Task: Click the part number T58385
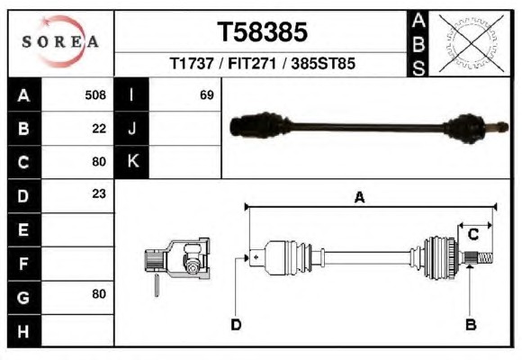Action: (x=262, y=32)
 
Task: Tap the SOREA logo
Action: (x=60, y=41)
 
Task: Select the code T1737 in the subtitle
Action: (x=192, y=63)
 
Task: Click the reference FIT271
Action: (x=252, y=63)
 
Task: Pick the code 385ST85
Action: (x=323, y=63)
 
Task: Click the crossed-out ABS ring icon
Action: (x=471, y=43)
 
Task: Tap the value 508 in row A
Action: (x=95, y=94)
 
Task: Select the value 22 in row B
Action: (x=99, y=129)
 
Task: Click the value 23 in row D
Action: (x=99, y=193)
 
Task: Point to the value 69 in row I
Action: (x=207, y=94)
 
